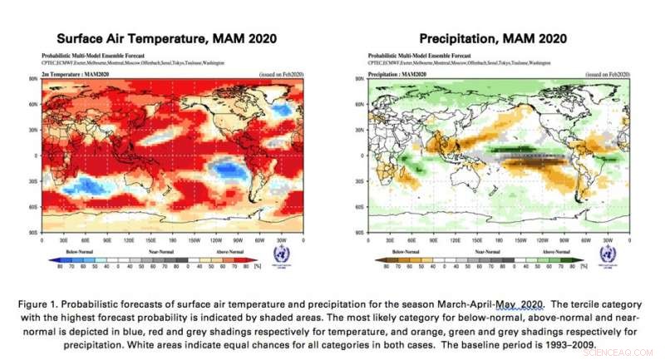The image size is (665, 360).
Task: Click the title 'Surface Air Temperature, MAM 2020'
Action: tap(166, 38)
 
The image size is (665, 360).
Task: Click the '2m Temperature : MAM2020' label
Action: tap(71, 74)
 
